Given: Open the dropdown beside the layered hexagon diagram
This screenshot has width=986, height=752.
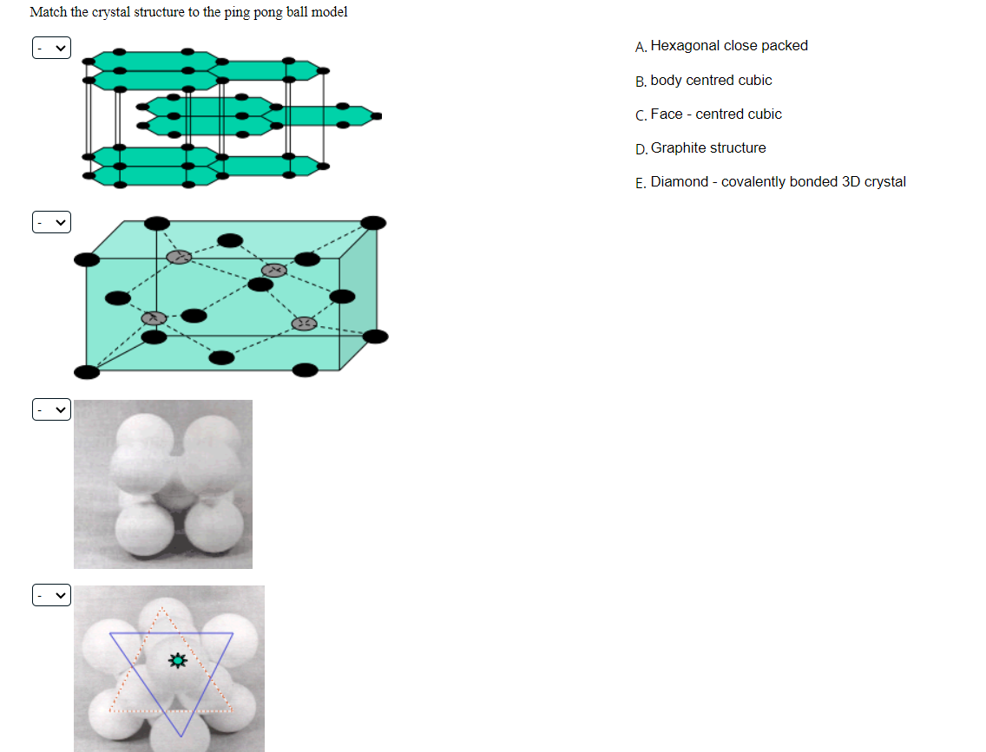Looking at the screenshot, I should (x=51, y=49).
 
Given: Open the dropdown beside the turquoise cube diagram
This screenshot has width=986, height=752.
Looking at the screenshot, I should (x=51, y=223).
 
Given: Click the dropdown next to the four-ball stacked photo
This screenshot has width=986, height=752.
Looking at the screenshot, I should (x=51, y=409).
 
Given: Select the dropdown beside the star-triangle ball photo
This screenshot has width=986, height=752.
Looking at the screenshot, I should (x=51, y=595).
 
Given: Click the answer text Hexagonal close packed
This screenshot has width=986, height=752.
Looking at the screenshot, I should (x=729, y=46).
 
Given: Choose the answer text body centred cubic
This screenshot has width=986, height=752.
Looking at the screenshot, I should (x=711, y=80).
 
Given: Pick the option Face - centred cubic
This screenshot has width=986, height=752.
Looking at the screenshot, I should (x=716, y=114).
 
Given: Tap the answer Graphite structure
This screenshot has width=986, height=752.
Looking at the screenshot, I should (x=708, y=147).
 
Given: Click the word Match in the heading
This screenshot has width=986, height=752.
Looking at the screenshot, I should (x=48, y=12).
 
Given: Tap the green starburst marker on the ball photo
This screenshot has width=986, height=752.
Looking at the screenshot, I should (x=178, y=661).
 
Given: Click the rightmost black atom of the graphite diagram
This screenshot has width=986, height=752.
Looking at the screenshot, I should (x=376, y=114).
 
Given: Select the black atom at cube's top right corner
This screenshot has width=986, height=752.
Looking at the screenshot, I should (x=373, y=223).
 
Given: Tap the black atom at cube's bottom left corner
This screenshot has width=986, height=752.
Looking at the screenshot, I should (x=87, y=372).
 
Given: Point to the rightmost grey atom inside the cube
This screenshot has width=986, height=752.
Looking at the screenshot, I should (x=304, y=324).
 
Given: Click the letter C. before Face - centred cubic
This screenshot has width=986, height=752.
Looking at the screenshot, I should (x=641, y=114).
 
